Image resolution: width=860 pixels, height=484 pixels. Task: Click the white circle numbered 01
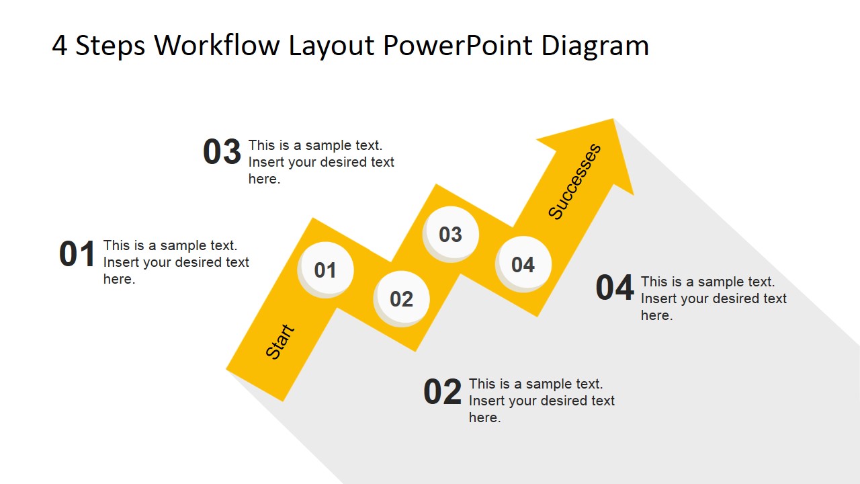[326, 269]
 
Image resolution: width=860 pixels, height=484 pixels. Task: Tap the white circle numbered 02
[402, 298]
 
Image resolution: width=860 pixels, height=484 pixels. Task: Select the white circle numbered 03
[451, 234]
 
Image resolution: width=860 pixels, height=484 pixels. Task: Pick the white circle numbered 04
[523, 264]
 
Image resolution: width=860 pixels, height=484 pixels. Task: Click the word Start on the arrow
[280, 341]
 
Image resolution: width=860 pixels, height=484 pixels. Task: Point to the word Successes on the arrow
[574, 182]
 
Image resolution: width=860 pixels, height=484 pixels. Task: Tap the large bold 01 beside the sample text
[78, 255]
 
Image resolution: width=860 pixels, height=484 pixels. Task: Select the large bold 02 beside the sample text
[443, 393]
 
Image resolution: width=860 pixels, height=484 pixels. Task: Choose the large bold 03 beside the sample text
[222, 152]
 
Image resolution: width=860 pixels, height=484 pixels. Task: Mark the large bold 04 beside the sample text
[615, 288]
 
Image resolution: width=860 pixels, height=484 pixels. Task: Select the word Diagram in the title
[595, 46]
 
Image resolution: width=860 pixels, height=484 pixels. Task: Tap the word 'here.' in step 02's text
[484, 418]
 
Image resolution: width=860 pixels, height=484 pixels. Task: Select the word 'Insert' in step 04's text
[660, 298]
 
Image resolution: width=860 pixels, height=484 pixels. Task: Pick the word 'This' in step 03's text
[262, 145]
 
